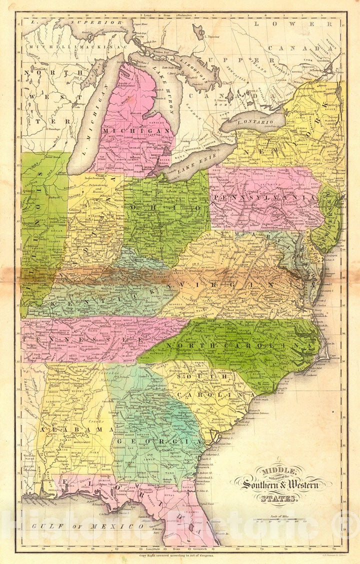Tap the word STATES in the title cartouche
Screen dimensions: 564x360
pos(277,497)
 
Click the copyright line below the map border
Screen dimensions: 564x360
pos(179,554)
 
